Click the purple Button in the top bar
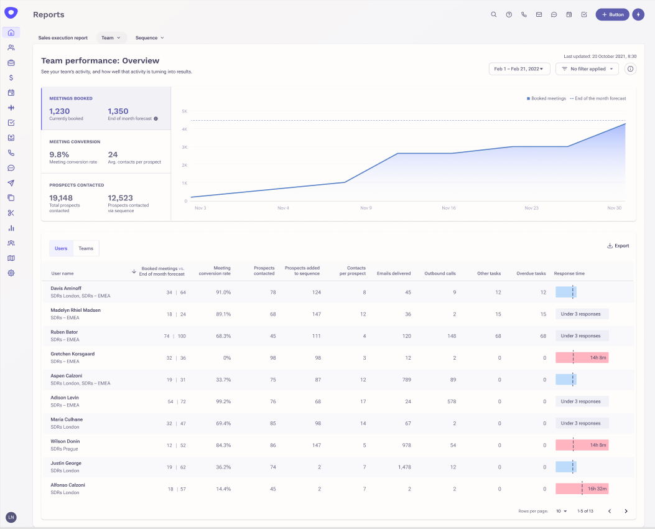[x=612, y=14]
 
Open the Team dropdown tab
[x=111, y=38]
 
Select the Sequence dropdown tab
[x=149, y=38]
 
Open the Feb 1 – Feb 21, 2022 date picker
[x=519, y=69]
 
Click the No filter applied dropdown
[x=587, y=69]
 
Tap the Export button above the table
[x=618, y=246]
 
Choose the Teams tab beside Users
[x=86, y=248]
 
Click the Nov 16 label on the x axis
[x=448, y=208]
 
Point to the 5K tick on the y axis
[x=185, y=111]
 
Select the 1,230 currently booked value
[x=60, y=111]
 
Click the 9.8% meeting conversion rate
[x=59, y=154]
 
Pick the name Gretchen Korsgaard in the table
[x=72, y=354]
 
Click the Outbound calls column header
[x=440, y=273]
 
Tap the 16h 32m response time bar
[x=582, y=489]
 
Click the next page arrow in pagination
[x=626, y=511]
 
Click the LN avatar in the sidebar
[x=11, y=517]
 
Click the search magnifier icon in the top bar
[x=494, y=14]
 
